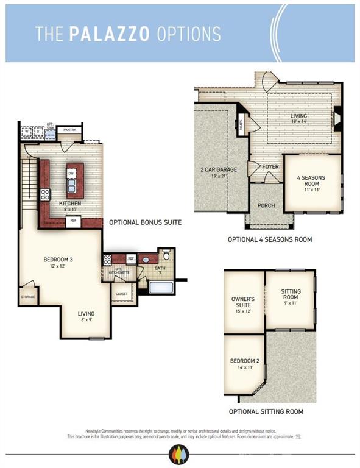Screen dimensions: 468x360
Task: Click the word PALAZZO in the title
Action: tap(110, 34)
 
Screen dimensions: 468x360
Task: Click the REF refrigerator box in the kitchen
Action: tap(73, 221)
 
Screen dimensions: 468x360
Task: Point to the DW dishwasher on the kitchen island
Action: tap(71, 174)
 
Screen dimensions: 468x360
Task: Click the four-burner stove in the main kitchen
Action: tap(45, 195)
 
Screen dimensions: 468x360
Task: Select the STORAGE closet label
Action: tap(27, 297)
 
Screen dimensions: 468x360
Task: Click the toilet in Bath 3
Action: tap(164, 255)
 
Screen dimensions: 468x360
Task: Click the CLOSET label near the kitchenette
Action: tap(121, 293)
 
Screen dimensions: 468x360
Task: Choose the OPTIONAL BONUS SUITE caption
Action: tap(145, 222)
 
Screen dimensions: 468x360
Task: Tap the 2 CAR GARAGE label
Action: tap(219, 169)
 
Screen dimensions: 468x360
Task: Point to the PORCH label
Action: tap(266, 205)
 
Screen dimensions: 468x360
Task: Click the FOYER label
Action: tap(270, 166)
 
